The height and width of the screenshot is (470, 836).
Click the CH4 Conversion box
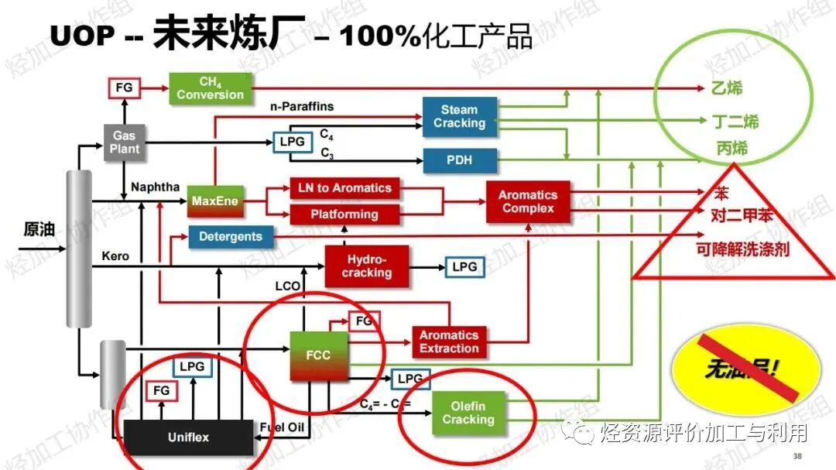pyautogui.click(x=210, y=88)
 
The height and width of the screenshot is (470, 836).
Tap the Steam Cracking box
pyautogui.click(x=459, y=117)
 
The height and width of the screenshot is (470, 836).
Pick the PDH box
pyautogui.click(x=459, y=161)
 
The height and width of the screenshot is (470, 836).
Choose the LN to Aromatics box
pyautogui.click(x=344, y=188)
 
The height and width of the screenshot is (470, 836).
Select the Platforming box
pyautogui.click(x=344, y=214)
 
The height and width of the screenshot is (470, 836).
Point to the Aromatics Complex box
pyautogui.click(x=527, y=202)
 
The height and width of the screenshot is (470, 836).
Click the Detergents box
pyautogui.click(x=231, y=237)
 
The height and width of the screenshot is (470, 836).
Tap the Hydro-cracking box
pyautogui.click(x=366, y=266)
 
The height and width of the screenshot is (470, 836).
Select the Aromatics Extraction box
pyautogui.click(x=449, y=341)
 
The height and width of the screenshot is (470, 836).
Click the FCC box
pyautogui.click(x=318, y=355)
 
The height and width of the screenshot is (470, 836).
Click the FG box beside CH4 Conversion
pyautogui.click(x=124, y=88)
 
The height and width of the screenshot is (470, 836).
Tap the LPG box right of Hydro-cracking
pyautogui.click(x=464, y=267)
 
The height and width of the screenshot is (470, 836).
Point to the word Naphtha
pyautogui.click(x=155, y=187)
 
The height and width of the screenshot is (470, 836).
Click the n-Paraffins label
pyautogui.click(x=302, y=106)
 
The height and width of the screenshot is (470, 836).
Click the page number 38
pyautogui.click(x=797, y=455)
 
